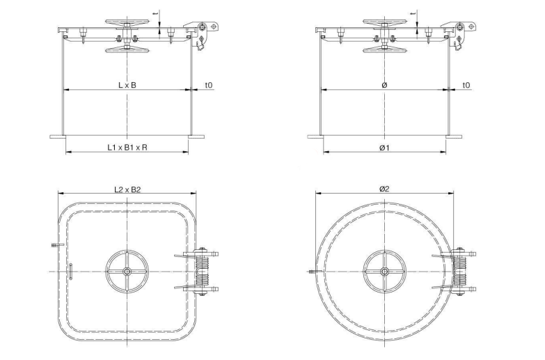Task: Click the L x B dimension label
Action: point(127,85)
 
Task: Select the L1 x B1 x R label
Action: point(127,148)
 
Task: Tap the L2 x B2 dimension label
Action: point(127,189)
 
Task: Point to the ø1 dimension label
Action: point(384,148)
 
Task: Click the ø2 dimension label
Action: point(384,189)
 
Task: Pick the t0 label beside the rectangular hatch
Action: point(209,85)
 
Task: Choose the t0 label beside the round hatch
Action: point(466,85)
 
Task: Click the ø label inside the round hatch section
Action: point(384,85)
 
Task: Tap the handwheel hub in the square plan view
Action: point(127,271)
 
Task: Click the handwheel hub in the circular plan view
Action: point(384,271)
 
